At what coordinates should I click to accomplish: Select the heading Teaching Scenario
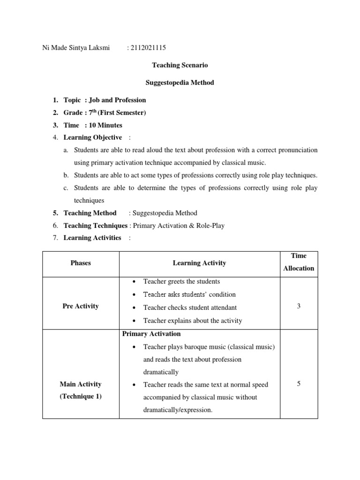point(180,65)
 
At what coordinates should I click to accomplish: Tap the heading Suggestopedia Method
point(180,82)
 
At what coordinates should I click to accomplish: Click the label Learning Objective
point(93,137)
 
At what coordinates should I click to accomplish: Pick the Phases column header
point(81,263)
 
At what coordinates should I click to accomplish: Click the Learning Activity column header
point(199,263)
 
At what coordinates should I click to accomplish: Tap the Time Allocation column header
point(299,262)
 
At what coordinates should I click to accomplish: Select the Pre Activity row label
point(81,306)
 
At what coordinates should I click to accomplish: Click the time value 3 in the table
point(299,306)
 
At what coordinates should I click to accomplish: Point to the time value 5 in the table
point(299,384)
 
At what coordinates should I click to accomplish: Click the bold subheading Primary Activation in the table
point(151,334)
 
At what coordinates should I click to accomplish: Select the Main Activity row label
point(81,384)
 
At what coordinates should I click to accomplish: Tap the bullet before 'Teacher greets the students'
point(134,282)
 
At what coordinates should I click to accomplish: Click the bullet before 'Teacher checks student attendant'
point(134,308)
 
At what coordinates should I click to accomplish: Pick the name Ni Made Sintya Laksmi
point(77,48)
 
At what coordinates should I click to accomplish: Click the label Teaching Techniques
point(96,225)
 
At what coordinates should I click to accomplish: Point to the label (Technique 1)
point(81,397)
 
